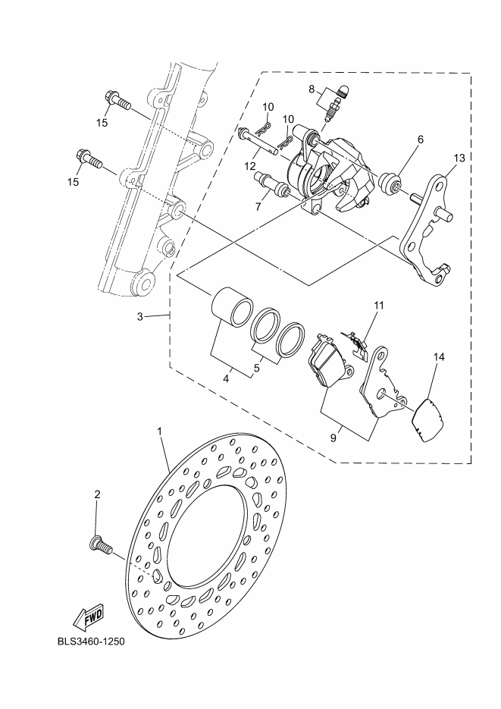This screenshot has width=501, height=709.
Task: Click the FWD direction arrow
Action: click(89, 616)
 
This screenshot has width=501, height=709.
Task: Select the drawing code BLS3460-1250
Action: click(91, 642)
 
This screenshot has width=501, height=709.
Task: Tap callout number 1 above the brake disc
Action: click(159, 431)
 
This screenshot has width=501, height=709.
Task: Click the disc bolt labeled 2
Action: click(99, 546)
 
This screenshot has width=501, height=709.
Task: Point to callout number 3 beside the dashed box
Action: click(140, 317)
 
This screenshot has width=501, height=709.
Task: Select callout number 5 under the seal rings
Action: click(257, 368)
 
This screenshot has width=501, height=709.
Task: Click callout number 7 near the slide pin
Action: click(258, 207)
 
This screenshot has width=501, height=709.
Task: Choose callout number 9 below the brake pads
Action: click(333, 438)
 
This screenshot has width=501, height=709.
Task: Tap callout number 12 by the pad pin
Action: click(250, 167)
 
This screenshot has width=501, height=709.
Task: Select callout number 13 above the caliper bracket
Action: click(459, 158)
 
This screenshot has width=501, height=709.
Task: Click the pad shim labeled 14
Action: click(427, 419)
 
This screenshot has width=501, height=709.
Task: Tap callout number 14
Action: click(439, 357)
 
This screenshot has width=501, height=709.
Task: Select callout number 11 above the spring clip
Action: click(378, 306)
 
